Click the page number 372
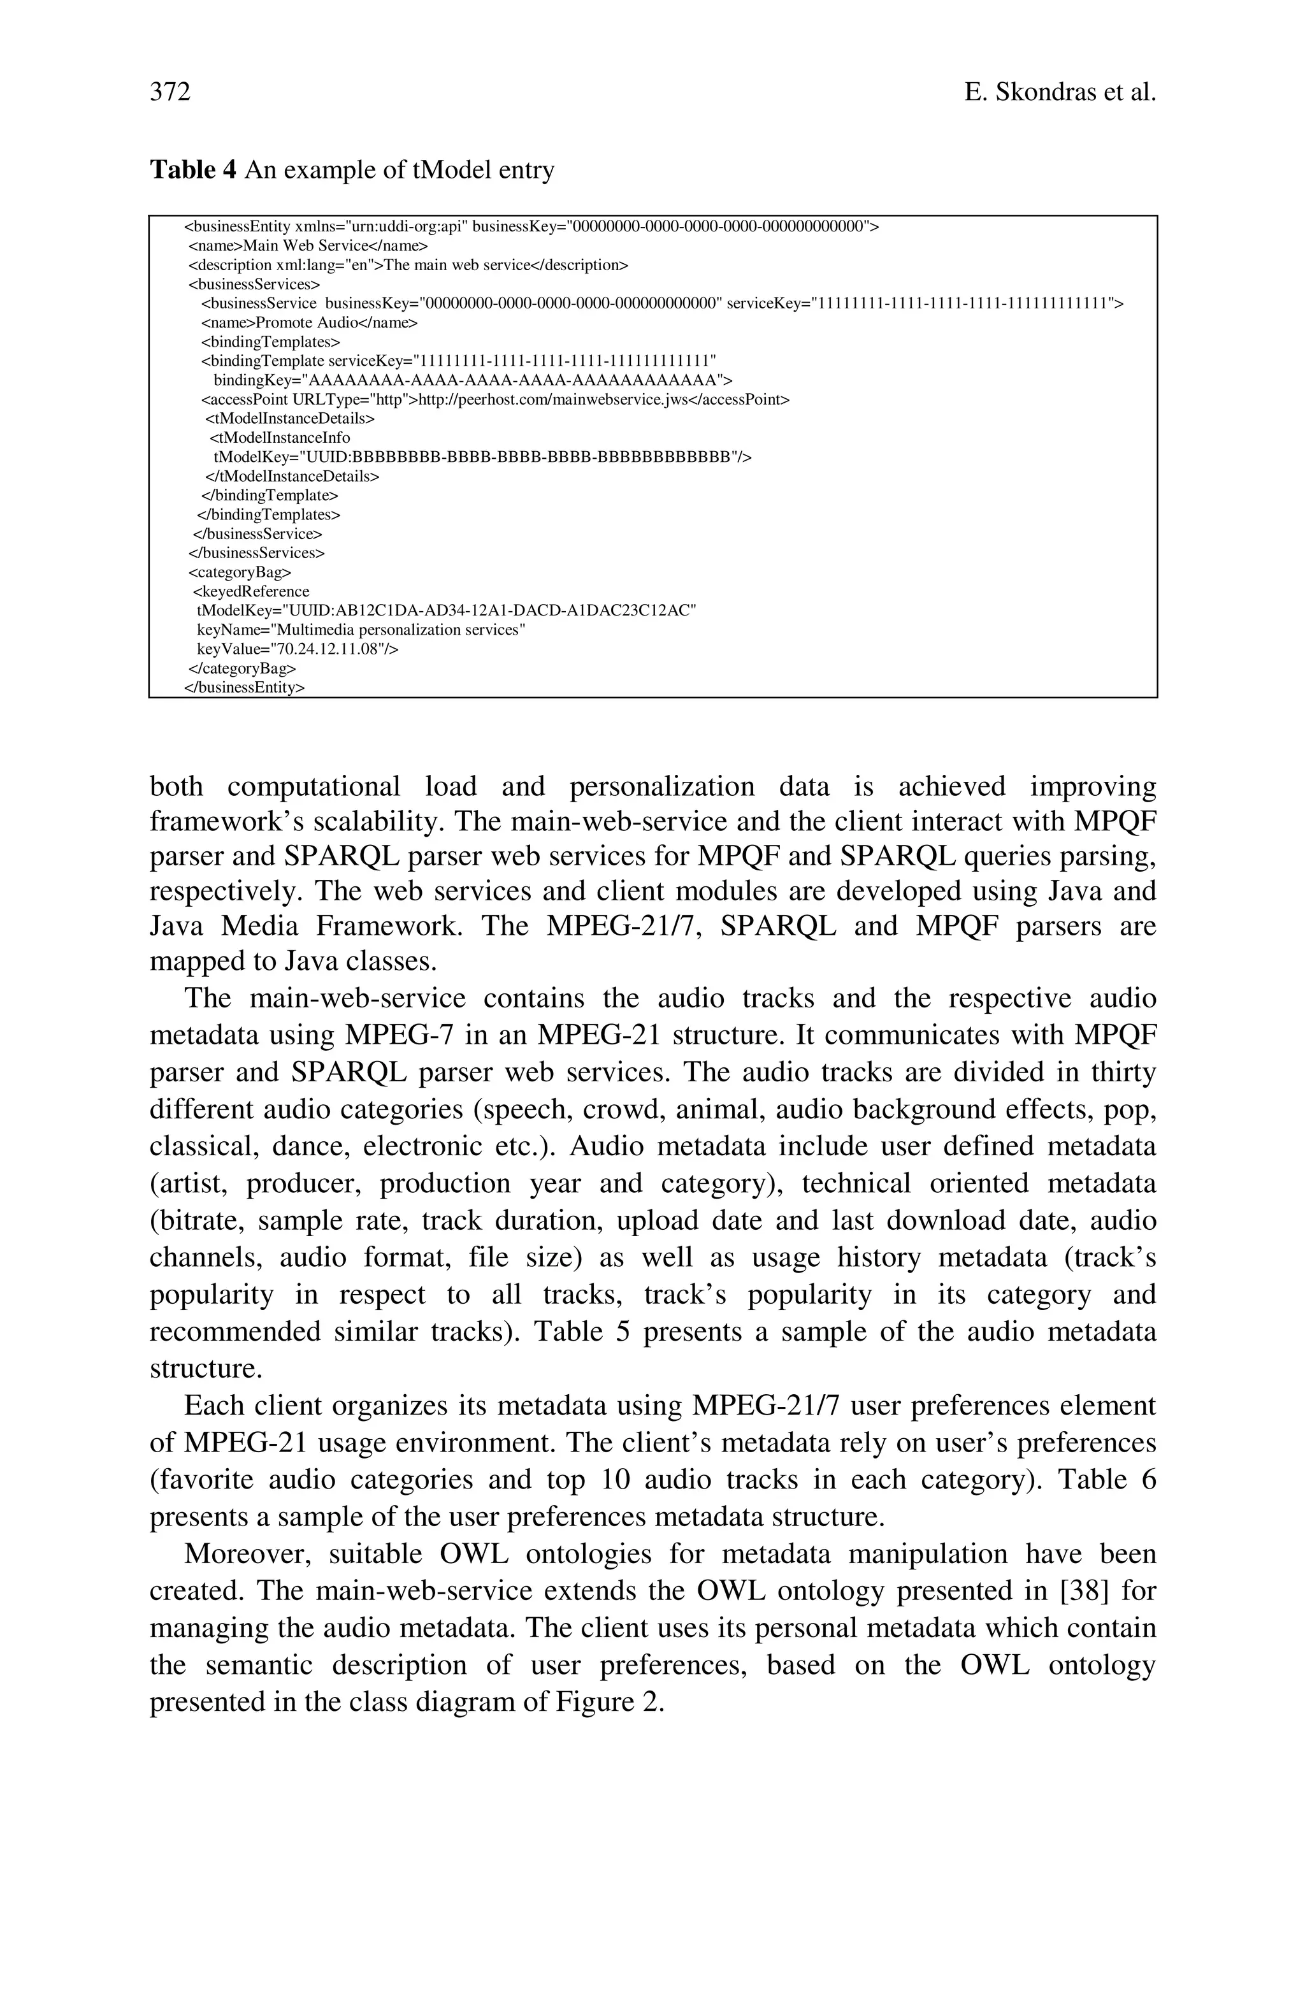pyautogui.click(x=170, y=92)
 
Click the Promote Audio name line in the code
pyautogui.click(x=309, y=322)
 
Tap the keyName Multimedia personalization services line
pyautogui.click(x=361, y=630)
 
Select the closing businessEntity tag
pyautogui.click(x=244, y=687)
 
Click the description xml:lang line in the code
pyautogui.click(x=408, y=265)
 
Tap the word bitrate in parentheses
pyautogui.click(x=196, y=1220)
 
